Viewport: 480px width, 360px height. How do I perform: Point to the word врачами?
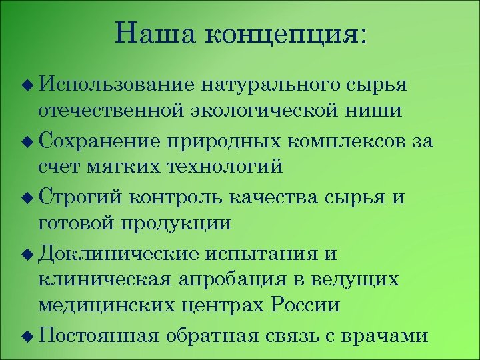(383, 336)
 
